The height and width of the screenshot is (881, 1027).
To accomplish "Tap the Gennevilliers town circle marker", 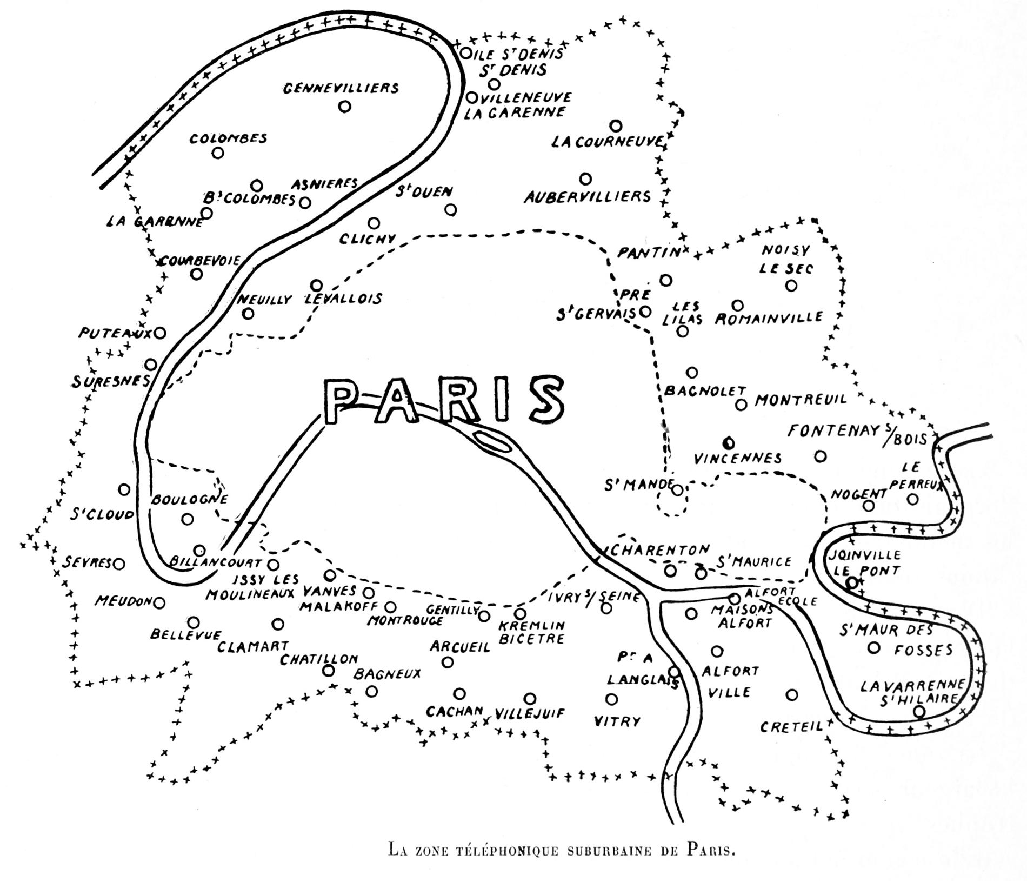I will (344, 107).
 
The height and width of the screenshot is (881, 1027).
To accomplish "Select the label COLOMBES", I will (228, 138).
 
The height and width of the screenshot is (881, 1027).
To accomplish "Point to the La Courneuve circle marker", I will (616, 126).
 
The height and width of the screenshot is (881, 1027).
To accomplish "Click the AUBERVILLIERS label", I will (587, 197).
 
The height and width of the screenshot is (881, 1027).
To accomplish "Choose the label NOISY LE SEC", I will (786, 259).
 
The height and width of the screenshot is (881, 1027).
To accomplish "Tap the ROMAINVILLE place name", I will (769, 318).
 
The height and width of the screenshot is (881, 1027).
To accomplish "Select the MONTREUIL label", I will (801, 400).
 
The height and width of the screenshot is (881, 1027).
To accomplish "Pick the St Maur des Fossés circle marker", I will (873, 648).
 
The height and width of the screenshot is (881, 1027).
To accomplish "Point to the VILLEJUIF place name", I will (530, 714).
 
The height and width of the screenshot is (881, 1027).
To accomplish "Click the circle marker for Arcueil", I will (448, 662).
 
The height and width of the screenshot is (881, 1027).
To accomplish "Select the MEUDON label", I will (122, 601).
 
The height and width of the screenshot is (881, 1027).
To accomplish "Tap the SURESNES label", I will (110, 382).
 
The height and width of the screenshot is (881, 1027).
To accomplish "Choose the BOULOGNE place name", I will (189, 499).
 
